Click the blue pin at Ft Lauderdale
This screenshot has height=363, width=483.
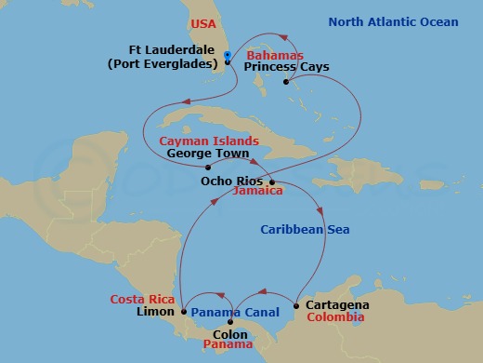pyautogui.click(x=227, y=57)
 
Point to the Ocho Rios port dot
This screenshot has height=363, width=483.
pyautogui.click(x=269, y=181)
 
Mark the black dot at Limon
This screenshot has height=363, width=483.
pyautogui.click(x=184, y=312)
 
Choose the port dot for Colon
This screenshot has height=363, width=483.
pyautogui.click(x=230, y=322)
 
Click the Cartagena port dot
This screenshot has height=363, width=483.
pyautogui.click(x=295, y=305)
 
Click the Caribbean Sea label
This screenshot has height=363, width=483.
pyautogui.click(x=304, y=229)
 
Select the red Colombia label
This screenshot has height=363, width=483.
pyautogui.click(x=339, y=317)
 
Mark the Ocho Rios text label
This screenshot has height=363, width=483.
pyautogui.click(x=231, y=181)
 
